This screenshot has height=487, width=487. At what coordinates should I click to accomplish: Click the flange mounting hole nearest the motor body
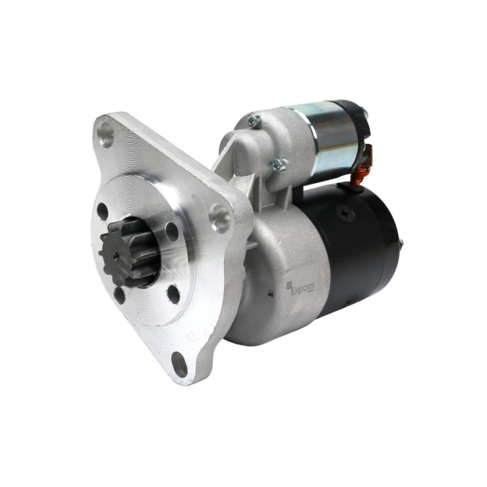tap(220, 215)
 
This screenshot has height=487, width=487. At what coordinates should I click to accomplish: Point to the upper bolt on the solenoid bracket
tap(254, 121)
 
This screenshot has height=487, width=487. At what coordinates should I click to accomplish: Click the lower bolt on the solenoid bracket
tap(279, 164)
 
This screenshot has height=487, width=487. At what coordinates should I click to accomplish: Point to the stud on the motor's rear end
tap(401, 243)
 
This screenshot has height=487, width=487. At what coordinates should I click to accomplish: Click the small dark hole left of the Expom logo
tap(270, 293)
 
